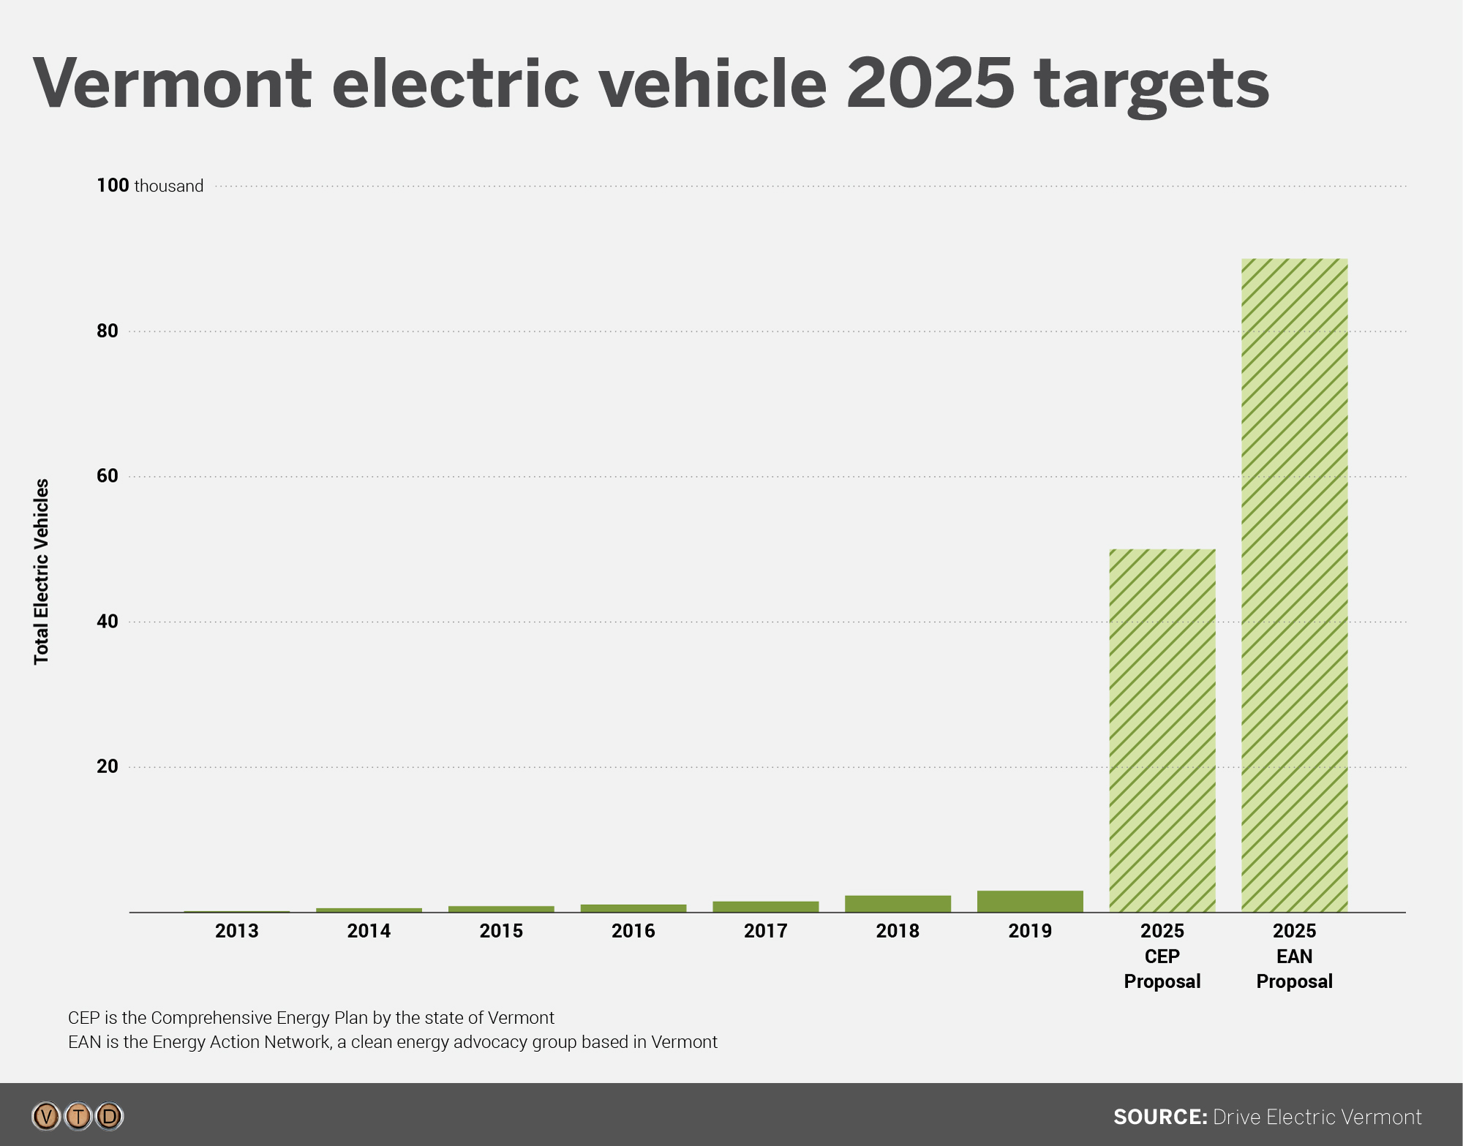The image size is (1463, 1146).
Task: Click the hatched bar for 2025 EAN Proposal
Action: pos(1294,585)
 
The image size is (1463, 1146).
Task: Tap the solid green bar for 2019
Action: pos(1030,901)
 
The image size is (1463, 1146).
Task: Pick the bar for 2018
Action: pos(898,904)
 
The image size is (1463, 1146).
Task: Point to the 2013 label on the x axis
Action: pos(236,931)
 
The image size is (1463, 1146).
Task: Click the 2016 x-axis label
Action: pos(633,931)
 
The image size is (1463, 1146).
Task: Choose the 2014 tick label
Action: pos(369,931)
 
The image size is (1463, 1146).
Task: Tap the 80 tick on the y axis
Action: pos(107,331)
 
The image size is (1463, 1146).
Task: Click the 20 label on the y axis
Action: pos(107,766)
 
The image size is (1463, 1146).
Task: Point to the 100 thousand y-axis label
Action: pos(150,186)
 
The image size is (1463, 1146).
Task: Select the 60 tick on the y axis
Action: pos(107,476)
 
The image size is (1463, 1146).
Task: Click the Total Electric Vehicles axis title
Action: pos(42,571)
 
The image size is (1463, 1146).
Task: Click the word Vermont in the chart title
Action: pos(173,84)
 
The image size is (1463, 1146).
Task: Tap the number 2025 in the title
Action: pos(930,84)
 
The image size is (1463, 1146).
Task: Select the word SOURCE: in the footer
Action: pos(1159,1117)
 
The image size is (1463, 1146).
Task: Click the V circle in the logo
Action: pos(46,1117)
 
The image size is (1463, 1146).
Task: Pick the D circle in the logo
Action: pos(110,1117)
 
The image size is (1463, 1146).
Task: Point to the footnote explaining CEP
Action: pos(311,1018)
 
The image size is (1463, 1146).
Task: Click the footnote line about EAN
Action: pos(392,1042)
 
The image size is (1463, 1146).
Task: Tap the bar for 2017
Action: pos(765,907)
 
